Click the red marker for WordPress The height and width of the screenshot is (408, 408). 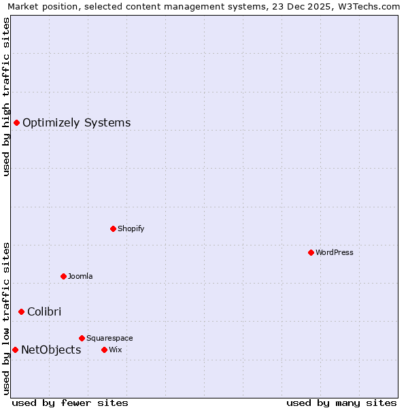311,252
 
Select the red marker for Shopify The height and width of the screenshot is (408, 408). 113,228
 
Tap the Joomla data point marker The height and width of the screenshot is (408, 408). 63,276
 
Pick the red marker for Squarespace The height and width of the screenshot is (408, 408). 82,338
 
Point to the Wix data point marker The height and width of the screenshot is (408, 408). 104,350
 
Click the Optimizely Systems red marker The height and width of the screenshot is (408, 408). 16,122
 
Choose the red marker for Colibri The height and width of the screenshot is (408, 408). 21,311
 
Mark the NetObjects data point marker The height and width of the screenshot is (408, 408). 15,350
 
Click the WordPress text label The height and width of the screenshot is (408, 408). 334,252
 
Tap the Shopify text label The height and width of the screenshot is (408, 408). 131,228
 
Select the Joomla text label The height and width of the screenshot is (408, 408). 80,276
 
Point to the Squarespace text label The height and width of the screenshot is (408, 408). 109,338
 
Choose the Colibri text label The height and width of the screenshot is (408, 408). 44,311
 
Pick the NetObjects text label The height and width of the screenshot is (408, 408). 51,350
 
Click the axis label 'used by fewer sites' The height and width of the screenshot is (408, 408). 70,403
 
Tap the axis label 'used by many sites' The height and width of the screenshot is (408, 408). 341,403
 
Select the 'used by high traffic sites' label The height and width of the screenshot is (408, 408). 7,97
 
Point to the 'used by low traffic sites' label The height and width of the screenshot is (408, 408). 7,318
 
